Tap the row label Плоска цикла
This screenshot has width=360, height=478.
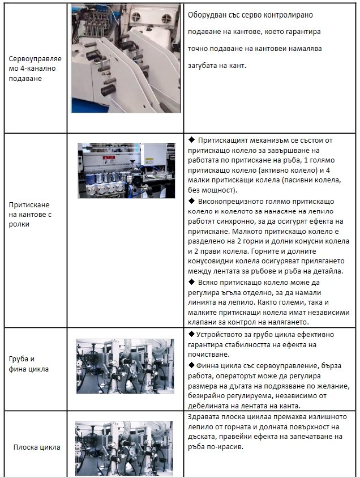(37, 447)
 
